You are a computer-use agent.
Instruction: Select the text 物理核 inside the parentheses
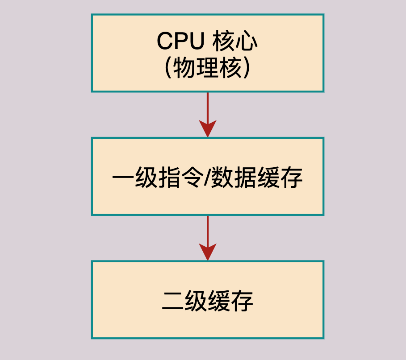207,68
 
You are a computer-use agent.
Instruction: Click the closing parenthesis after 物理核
247,68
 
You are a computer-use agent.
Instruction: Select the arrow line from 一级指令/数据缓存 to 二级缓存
208,229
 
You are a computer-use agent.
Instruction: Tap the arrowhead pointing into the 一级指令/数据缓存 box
208,129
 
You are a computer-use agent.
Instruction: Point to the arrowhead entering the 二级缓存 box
208,252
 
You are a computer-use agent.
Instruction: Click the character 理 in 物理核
207,68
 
